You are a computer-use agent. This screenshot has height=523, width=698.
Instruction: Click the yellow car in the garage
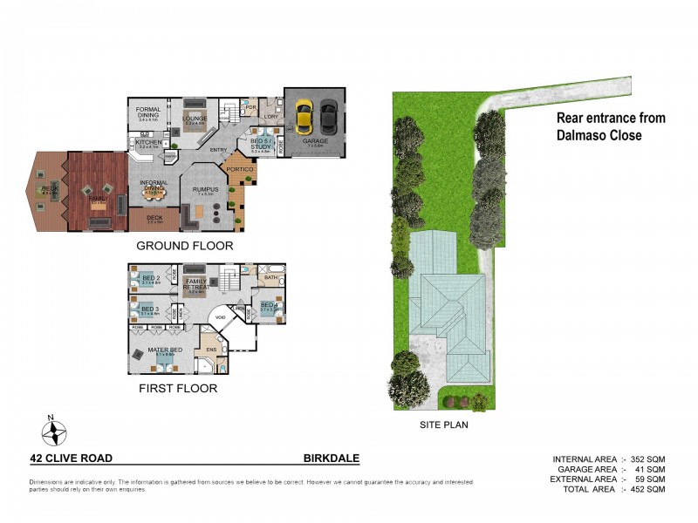(x=304, y=113)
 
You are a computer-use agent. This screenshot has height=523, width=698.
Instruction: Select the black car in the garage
(x=327, y=113)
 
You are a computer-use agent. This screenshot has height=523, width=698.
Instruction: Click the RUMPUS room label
(x=205, y=188)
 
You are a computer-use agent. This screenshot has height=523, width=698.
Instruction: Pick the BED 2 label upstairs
(x=148, y=278)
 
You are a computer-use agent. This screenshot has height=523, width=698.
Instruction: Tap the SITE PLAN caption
(x=444, y=425)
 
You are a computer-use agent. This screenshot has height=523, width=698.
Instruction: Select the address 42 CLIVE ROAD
(x=71, y=458)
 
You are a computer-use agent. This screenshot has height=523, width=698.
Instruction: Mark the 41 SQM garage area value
(x=648, y=470)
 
